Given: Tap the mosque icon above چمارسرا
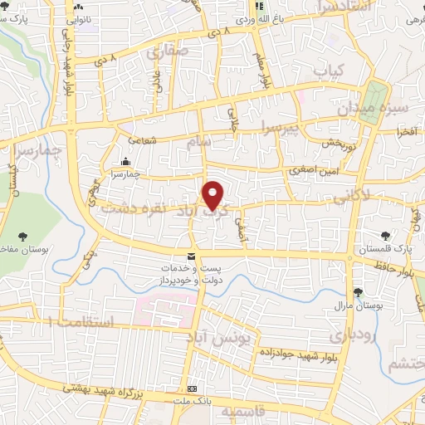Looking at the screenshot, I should tap(125, 161).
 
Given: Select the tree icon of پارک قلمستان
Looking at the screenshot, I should tap(384, 237).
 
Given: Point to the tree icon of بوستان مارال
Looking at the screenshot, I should tap(358, 291).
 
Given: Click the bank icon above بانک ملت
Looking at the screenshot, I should tap(192, 388).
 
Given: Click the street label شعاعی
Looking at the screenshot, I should tap(144, 141).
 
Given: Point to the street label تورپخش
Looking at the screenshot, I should tap(340, 144).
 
